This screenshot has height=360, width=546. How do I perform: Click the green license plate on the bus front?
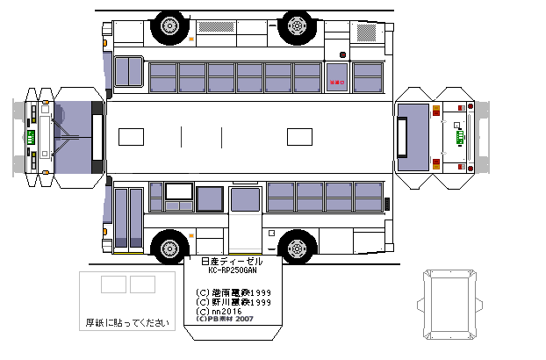[x=30, y=138]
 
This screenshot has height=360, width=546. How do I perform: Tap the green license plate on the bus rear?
[x=458, y=136]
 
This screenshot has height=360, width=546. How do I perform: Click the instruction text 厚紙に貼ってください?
[x=126, y=322]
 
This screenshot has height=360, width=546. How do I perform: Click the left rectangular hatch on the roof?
[x=131, y=137]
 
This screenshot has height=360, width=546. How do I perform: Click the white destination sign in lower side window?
[x=179, y=191]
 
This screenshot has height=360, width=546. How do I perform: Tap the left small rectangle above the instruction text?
[x=112, y=284]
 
